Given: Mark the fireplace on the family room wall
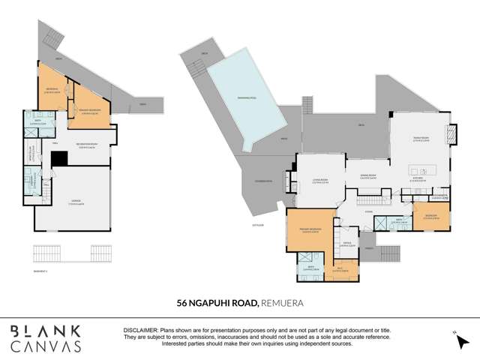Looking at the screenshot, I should (x=450, y=135).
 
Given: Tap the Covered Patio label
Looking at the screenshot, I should (x=263, y=180).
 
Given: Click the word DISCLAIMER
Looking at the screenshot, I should (x=139, y=331).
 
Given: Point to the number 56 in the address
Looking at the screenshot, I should (x=181, y=303).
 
